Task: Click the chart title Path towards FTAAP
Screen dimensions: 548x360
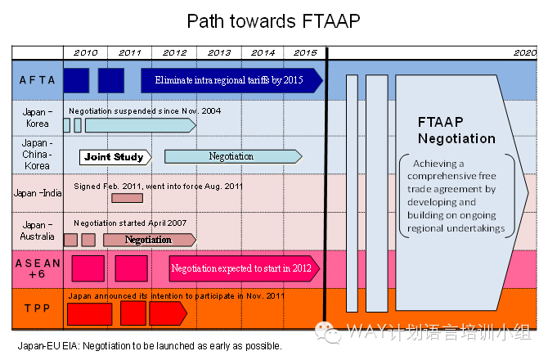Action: [x=273, y=21]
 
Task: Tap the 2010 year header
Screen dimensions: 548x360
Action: [x=86, y=53]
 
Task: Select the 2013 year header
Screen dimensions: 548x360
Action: [x=219, y=53]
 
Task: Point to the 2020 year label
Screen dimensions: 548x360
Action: [x=525, y=53]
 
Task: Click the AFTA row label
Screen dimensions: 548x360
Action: [x=38, y=80]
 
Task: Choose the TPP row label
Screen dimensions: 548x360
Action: [x=38, y=308]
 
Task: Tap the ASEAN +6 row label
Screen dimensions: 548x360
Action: [x=38, y=268]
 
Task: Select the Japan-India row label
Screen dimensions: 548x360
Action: [x=38, y=193]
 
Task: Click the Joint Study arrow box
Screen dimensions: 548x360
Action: [x=115, y=157]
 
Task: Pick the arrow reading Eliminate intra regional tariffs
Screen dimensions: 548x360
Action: [x=231, y=80]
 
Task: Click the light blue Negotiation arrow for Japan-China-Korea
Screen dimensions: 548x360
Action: [x=233, y=156]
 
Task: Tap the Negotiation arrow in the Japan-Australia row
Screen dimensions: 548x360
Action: [x=150, y=240]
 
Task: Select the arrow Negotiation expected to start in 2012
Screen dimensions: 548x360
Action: [x=245, y=268]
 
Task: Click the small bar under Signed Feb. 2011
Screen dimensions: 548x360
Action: [x=128, y=198]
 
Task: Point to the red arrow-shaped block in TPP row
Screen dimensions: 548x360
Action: [x=168, y=313]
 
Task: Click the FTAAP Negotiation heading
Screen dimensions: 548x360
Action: [x=456, y=130]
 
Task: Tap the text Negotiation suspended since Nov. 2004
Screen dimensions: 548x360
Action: [x=145, y=111]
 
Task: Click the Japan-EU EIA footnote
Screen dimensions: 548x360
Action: [x=150, y=346]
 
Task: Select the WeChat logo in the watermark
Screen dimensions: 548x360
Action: [x=327, y=332]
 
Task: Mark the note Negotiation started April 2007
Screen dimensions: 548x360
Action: [x=130, y=223]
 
